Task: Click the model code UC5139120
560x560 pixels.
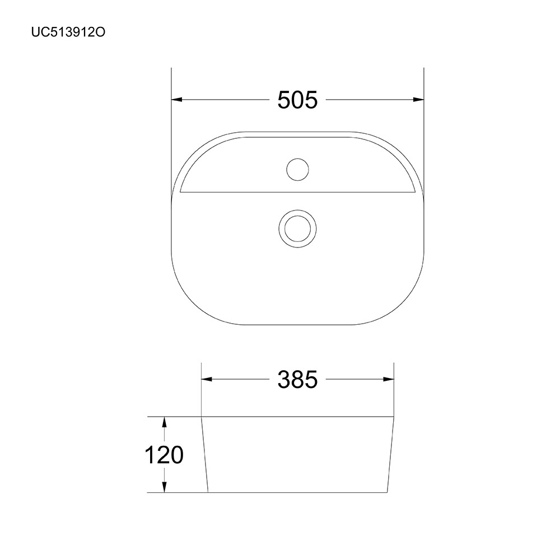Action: tap(68, 32)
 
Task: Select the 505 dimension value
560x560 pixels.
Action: tap(297, 100)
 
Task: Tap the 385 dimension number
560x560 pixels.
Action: tap(297, 379)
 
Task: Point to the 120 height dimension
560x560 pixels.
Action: tap(164, 455)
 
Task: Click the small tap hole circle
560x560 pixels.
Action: tap(297, 169)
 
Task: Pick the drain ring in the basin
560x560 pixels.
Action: tap(297, 228)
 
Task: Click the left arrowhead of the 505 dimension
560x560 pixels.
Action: tap(177, 100)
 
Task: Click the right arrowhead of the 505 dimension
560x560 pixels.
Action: tap(418, 100)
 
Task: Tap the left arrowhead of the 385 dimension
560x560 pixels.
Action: tap(207, 379)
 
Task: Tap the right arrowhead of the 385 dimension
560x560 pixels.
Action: tap(388, 379)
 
